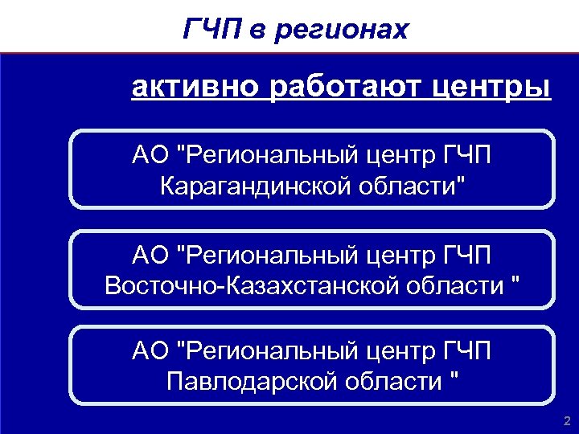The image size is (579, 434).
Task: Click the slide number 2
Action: click(x=567, y=420)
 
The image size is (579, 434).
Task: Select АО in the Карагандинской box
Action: click(x=151, y=155)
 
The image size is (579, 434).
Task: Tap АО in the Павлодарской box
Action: click(x=151, y=350)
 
